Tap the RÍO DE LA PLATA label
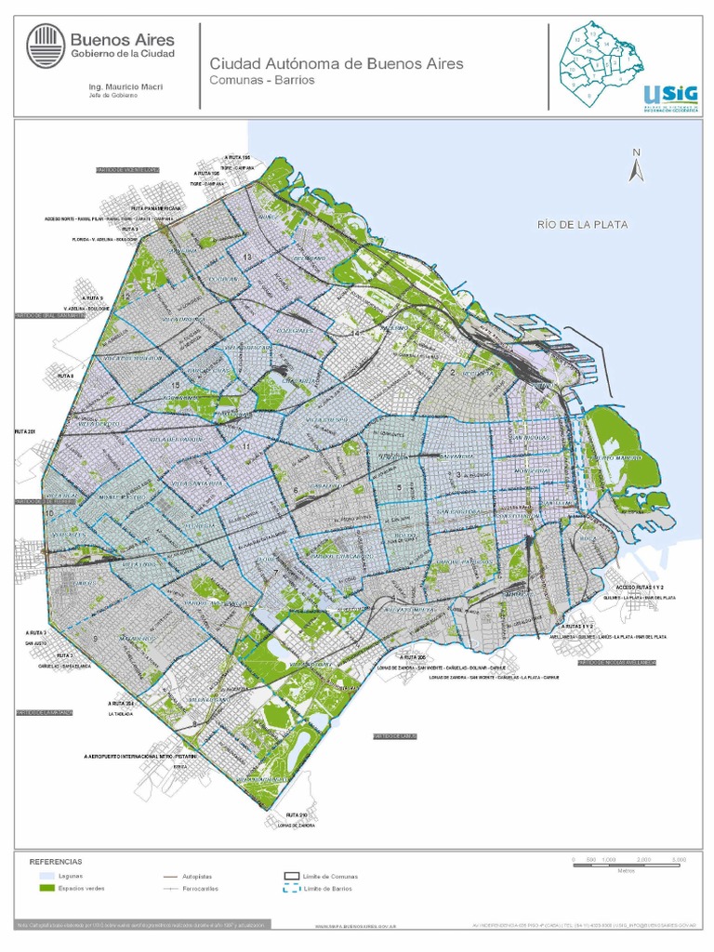(582, 224)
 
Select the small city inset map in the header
(600, 62)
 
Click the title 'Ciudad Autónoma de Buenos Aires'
(336, 64)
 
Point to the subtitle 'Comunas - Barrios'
(262, 81)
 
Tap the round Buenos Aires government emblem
(46, 46)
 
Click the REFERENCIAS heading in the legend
(57, 862)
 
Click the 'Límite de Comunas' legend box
(290, 876)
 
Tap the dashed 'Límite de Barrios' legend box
(290, 890)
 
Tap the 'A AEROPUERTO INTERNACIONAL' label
(140, 758)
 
